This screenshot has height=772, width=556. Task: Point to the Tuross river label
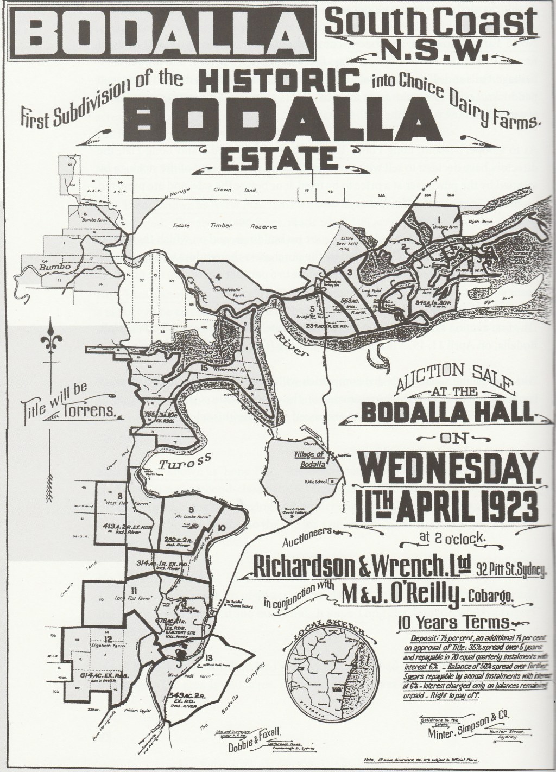(x=175, y=463)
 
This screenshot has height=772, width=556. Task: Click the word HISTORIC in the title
(x=280, y=81)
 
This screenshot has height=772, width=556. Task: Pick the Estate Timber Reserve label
(x=217, y=225)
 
